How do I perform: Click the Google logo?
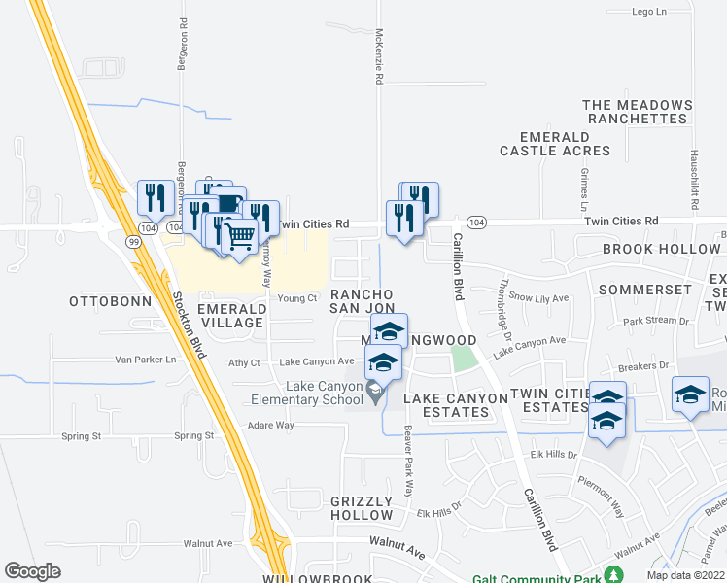pyautogui.click(x=33, y=571)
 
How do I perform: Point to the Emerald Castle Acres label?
pyautogui.click(x=555, y=144)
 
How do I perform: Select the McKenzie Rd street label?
pyautogui.click(x=378, y=56)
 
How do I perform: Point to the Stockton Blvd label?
pyautogui.click(x=190, y=326)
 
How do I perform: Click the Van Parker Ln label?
pyautogui.click(x=146, y=360)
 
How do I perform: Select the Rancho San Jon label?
pyautogui.click(x=362, y=300)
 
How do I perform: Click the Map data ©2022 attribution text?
pyautogui.click(x=684, y=576)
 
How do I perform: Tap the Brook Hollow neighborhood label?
pyautogui.click(x=660, y=250)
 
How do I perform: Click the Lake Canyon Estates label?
pyautogui.click(x=446, y=405)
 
